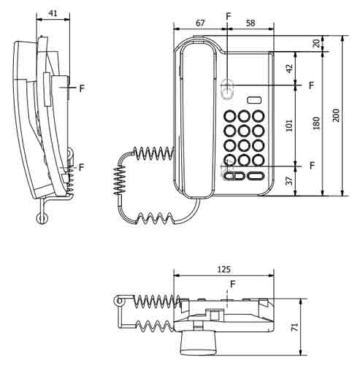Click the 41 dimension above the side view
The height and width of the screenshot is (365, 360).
point(53,13)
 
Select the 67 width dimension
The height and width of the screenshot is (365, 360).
point(199,23)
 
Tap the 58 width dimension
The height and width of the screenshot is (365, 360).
point(250,23)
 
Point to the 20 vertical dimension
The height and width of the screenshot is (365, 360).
point(315,43)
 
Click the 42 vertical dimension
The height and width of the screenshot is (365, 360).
point(289,68)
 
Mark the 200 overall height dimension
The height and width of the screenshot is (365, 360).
point(336,115)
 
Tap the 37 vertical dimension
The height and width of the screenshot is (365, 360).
point(289,181)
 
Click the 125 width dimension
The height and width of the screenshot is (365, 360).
point(224,269)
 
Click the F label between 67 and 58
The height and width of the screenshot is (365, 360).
point(228,15)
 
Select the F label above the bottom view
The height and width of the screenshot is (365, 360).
point(232,283)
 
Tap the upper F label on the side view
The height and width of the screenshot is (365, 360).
point(82,88)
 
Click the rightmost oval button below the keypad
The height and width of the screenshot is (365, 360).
point(255,175)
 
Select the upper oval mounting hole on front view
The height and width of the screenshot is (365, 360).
point(228,89)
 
